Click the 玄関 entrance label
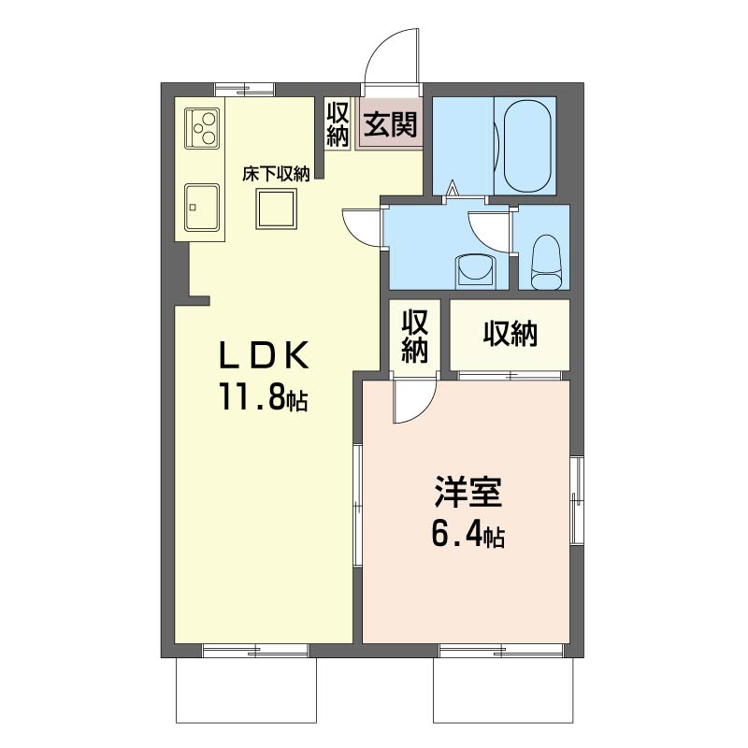pos(390,124)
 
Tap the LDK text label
pos(264,355)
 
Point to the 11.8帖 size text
pos(263,396)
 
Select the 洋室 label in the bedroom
pos(467,492)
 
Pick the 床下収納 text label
pos(276,174)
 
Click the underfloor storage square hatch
pos(276,209)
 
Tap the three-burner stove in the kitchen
pos(203,128)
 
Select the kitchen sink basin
pos(202,207)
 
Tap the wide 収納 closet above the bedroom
pos(510,335)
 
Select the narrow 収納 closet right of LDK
pos(414,336)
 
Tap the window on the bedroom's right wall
pos(577,499)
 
